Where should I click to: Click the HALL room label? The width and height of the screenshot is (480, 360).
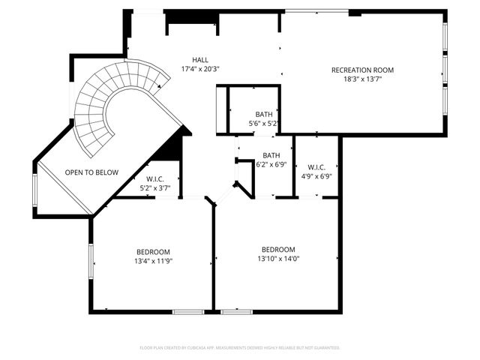(200, 60)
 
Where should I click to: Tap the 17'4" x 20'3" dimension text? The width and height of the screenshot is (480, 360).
(200, 69)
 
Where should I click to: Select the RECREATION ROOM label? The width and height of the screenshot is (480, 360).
(362, 70)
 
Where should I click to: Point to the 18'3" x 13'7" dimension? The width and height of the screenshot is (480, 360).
(362, 79)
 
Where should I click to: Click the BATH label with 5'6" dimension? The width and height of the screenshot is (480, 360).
(263, 115)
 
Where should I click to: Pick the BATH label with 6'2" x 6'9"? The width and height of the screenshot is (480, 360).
(271, 155)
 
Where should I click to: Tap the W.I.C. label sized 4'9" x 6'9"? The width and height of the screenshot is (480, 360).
(316, 167)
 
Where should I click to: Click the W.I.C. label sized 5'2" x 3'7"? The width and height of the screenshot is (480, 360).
(155, 179)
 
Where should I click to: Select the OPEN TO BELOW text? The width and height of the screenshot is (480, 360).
(91, 172)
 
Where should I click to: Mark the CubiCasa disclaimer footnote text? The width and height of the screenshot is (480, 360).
(240, 348)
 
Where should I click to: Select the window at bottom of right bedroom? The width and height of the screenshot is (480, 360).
(235, 311)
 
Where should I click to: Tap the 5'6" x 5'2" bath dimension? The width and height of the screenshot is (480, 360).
(263, 124)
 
